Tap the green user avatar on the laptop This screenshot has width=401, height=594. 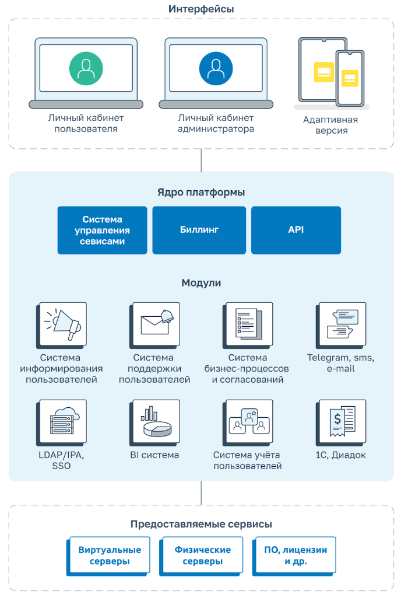pyautogui.click(x=86, y=68)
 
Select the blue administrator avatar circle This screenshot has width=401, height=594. pyautogui.click(x=216, y=68)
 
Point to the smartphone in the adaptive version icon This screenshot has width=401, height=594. pyautogui.click(x=350, y=78)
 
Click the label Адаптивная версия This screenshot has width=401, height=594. pyautogui.click(x=331, y=125)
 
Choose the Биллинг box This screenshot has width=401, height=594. pyautogui.click(x=199, y=230)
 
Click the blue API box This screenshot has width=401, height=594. pyautogui.click(x=296, y=230)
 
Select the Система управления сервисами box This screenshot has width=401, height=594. pyautogui.click(x=102, y=230)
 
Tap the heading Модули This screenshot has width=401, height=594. pyautogui.click(x=201, y=283)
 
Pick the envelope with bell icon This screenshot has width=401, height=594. pyautogui.click(x=156, y=323)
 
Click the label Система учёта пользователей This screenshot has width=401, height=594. pyautogui.click(x=248, y=460)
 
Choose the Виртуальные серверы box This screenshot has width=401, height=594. pyautogui.click(x=110, y=555)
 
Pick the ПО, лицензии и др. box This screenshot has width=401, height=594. pyautogui.click(x=296, y=555)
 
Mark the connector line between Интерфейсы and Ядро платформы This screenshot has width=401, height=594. pyautogui.click(x=201, y=160)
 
